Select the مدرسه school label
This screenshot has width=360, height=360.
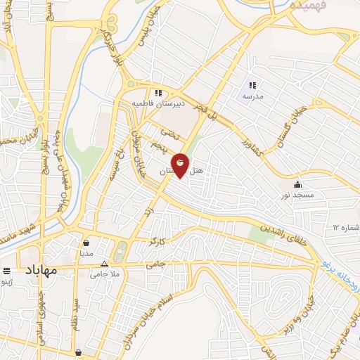coord(252,96)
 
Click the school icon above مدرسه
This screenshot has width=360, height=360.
coord(252,85)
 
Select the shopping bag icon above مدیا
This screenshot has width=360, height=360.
coord(86,243)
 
